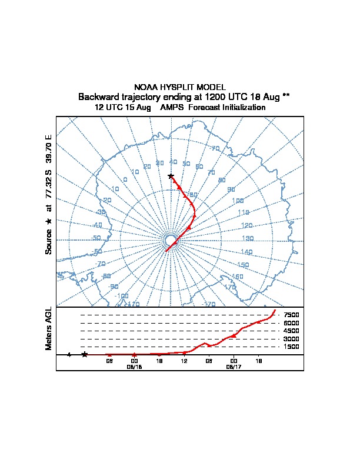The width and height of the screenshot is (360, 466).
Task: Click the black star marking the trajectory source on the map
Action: point(171,176)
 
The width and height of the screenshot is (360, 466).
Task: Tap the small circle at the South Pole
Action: point(171,240)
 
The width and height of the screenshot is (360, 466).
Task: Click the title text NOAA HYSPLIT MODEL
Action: point(180,87)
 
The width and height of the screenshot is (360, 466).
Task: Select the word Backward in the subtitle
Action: point(100,96)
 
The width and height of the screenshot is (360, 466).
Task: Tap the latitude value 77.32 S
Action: point(49,188)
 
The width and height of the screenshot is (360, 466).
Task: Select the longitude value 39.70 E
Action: point(49,149)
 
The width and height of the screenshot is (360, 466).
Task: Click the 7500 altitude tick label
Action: point(291,315)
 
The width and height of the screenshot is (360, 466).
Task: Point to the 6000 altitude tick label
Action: point(291,323)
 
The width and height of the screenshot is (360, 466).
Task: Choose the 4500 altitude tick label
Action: point(291,331)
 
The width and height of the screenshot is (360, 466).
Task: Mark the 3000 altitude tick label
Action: point(291,339)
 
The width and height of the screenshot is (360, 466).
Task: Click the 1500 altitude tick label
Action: point(291,347)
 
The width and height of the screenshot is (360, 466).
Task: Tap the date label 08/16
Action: point(134,366)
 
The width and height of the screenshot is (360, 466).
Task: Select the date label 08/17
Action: point(234,366)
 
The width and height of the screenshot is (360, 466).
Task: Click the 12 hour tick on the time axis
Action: point(184,360)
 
